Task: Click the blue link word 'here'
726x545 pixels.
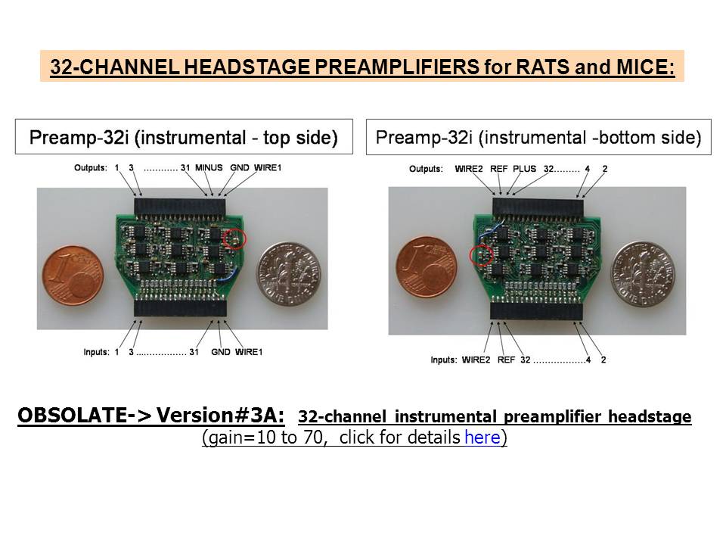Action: tap(482, 437)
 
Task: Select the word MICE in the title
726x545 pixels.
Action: tap(642, 67)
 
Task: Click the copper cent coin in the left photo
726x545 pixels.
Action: tap(73, 276)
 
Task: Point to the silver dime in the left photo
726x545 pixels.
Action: tap(289, 273)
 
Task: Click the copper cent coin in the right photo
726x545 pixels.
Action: tap(427, 267)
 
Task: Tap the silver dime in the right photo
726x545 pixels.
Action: tap(643, 273)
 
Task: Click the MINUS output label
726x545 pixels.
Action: tap(209, 167)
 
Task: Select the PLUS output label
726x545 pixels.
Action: tap(524, 169)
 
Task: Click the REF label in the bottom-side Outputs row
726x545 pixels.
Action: tap(498, 169)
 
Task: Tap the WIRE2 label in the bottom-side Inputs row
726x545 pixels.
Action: tap(476, 360)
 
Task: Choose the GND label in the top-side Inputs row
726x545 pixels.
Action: tap(220, 352)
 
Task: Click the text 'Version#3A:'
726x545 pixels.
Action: tap(220, 416)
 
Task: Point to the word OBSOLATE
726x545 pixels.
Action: tap(73, 416)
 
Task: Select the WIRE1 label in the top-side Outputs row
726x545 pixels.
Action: tap(268, 167)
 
